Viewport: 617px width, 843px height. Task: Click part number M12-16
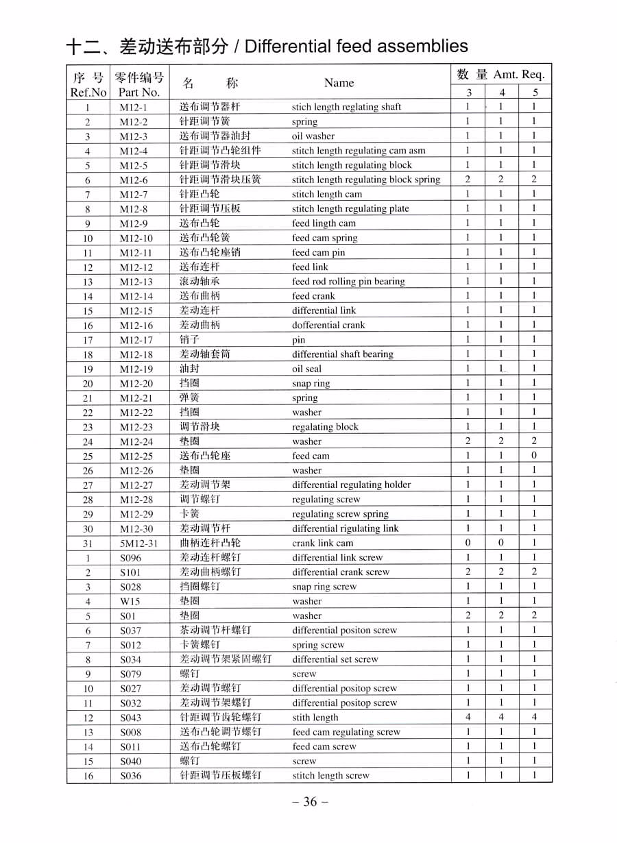pos(136,326)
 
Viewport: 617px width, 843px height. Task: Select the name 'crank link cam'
pos(322,543)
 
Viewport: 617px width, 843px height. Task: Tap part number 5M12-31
pos(138,543)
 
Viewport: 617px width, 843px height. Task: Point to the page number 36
pos(310,802)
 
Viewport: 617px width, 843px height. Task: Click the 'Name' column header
pos(339,83)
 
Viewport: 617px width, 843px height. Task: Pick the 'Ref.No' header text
pos(88,93)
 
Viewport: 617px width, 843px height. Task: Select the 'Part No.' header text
pos(139,93)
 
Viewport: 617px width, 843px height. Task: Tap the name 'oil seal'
pos(306,369)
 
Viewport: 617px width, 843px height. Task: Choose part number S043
pos(130,718)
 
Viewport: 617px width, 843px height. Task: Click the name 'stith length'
pos(315,718)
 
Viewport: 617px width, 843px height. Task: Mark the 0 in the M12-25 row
pos(533,456)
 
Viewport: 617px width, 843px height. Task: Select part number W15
pos(130,601)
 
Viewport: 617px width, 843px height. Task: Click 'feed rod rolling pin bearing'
pos(348,282)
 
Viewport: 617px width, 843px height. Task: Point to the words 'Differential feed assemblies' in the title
pos(356,47)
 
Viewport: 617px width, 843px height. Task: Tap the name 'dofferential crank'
pos(328,326)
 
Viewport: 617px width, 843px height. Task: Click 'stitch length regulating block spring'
pos(366,180)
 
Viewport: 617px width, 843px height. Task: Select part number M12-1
pos(133,107)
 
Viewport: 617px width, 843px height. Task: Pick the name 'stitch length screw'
pos(330,776)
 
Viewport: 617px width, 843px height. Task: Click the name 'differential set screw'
pos(335,659)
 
